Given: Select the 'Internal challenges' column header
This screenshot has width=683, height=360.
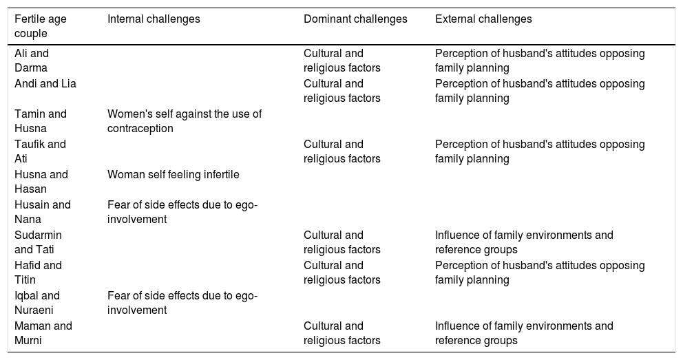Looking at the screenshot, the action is point(154,19).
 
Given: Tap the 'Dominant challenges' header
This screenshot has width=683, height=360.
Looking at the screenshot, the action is point(355,19).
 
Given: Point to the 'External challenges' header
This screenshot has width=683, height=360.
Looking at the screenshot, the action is point(483,19).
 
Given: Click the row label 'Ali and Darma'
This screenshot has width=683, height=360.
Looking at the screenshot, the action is point(32,61).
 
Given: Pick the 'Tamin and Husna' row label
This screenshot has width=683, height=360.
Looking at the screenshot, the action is point(41,121).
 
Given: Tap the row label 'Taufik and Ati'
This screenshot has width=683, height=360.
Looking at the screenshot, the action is point(40,151).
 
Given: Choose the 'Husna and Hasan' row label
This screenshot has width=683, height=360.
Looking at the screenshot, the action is point(41,182).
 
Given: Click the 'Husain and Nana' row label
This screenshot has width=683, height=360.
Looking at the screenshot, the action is point(43,212).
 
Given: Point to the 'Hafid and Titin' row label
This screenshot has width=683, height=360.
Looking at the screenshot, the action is point(38,273).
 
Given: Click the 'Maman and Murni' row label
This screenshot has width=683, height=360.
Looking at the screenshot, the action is point(43,333).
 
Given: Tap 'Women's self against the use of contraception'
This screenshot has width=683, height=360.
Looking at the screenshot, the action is point(185,121).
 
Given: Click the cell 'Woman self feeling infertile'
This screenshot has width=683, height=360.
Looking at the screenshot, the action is point(174,175).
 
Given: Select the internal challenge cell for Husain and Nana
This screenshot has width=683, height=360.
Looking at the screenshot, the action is point(182,212).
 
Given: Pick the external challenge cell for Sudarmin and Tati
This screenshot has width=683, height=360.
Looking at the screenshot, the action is point(524,242).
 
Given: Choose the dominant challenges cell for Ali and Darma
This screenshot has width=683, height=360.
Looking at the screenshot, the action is point(342,61).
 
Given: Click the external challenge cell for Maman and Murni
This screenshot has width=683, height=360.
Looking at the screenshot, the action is point(524,333).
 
